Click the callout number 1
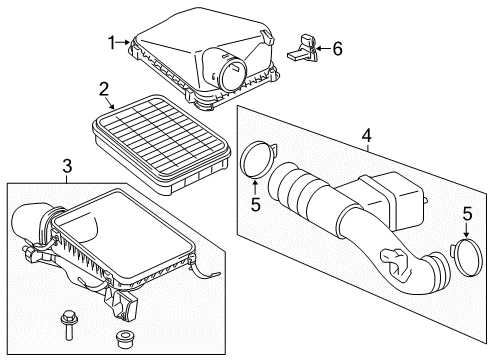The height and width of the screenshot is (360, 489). (x=113, y=42)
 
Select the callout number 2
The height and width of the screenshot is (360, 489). (x=103, y=90)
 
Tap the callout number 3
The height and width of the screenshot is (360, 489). (x=68, y=166)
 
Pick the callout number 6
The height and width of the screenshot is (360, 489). (x=336, y=47)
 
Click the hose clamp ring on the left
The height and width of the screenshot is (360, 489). (x=256, y=160)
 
